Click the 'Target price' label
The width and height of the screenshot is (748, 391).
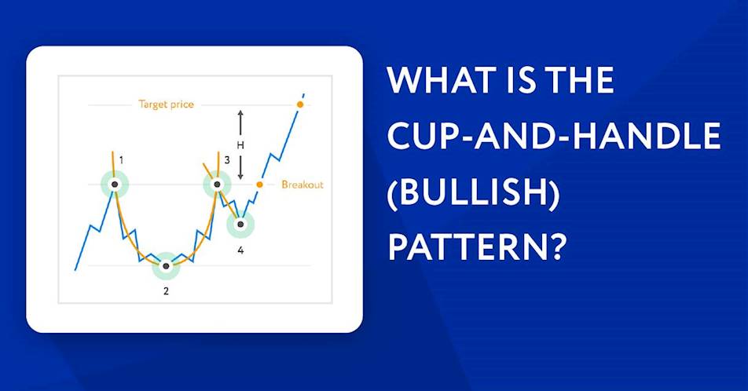pyautogui.click(x=166, y=104)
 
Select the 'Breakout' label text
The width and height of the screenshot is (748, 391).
pyautogui.click(x=302, y=185)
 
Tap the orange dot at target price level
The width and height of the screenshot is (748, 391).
pyautogui.click(x=299, y=104)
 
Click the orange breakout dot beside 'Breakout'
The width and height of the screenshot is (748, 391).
pyautogui.click(x=259, y=185)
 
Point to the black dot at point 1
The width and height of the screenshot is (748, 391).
pyautogui.click(x=115, y=185)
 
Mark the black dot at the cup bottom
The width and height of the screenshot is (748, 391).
pyautogui.click(x=166, y=265)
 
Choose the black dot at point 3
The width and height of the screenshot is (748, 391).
pyautogui.click(x=218, y=185)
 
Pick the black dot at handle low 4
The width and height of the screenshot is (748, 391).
pyautogui.click(x=241, y=224)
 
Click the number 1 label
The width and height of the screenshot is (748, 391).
pyautogui.click(x=121, y=160)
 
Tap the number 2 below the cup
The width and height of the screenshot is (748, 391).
pyautogui.click(x=166, y=291)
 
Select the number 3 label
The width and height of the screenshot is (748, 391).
pyautogui.click(x=227, y=160)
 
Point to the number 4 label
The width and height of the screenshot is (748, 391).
pyautogui.click(x=240, y=250)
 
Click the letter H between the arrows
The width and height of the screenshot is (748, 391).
pyautogui.click(x=240, y=145)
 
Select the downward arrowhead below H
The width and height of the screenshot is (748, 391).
pyautogui.click(x=240, y=177)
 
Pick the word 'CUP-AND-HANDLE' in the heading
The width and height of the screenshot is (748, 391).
pyautogui.click(x=554, y=136)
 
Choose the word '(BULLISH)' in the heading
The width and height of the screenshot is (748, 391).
pyautogui.click(x=473, y=192)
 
